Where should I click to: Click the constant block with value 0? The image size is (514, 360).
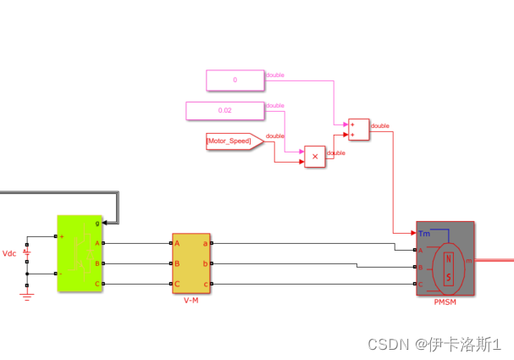point(235,80)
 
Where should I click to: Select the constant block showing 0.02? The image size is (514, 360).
point(224,110)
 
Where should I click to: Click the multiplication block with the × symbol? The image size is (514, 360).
point(315,157)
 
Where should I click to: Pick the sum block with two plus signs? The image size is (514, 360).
point(358,129)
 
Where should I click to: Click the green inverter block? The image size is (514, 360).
point(80,253)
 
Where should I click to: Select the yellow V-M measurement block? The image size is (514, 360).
point(192,263)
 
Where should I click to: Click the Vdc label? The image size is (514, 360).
point(10,253)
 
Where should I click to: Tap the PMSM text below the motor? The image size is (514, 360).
point(445,302)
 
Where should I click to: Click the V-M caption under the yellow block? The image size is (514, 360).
point(191,301)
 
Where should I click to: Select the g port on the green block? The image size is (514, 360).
point(97,223)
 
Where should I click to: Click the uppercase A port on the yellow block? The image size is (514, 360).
point(177,243)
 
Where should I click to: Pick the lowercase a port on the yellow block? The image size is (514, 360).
point(206,243)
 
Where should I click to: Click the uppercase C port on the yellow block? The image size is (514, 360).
point(177,284)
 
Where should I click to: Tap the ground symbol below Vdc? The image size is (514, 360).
point(27,296)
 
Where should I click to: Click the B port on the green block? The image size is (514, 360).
point(97,263)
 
